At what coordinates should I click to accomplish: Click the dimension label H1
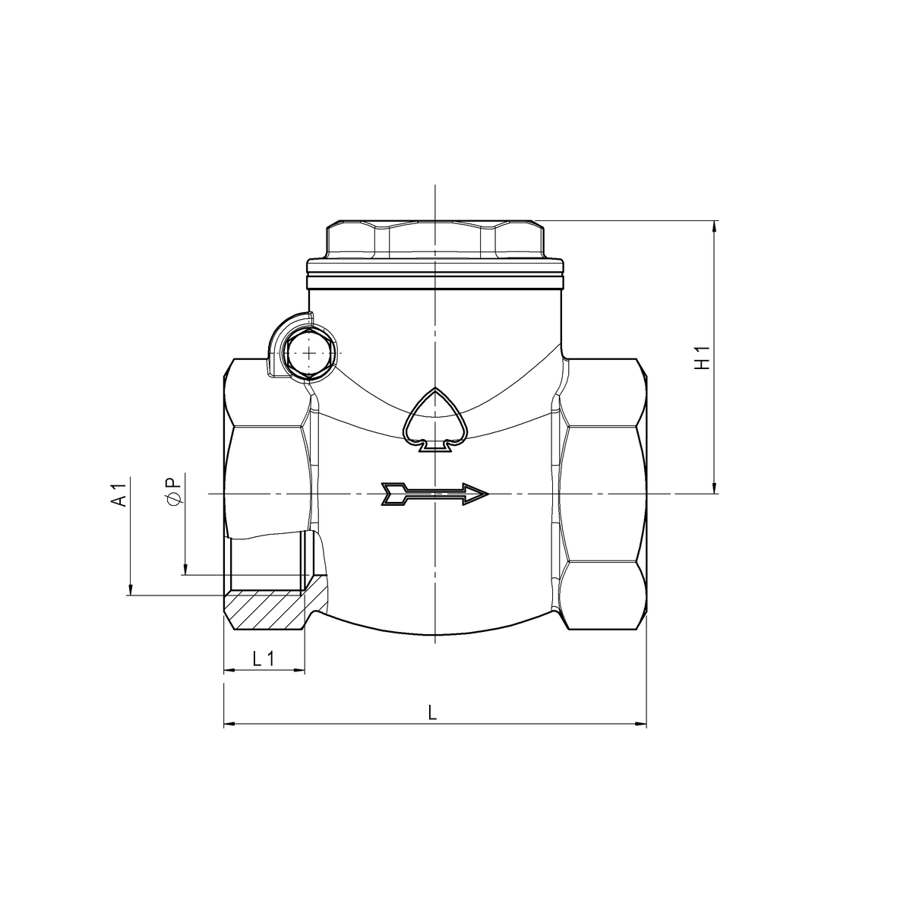(703, 357)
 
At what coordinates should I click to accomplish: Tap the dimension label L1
(264, 659)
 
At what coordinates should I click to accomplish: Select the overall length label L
(433, 712)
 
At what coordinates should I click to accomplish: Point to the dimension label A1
(118, 494)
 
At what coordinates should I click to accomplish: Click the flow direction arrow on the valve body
(434, 494)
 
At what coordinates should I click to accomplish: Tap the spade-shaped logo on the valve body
(436, 420)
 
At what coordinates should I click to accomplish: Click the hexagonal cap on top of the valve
(435, 239)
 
